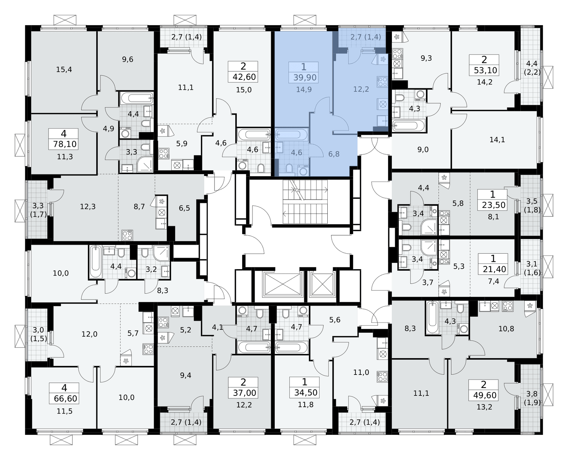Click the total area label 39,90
(305, 78)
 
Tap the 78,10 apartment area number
(65, 144)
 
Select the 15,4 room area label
(64, 70)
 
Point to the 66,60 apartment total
(65, 399)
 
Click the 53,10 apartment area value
(486, 70)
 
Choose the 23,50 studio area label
(493, 205)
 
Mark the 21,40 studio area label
(494, 269)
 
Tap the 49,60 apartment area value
(485, 395)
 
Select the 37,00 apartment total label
(244, 393)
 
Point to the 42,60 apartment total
(244, 77)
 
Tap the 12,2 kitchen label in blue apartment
(361, 89)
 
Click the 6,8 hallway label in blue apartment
(334, 154)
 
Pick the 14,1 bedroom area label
(497, 140)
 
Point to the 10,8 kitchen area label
(506, 329)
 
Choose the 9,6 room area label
(128, 59)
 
